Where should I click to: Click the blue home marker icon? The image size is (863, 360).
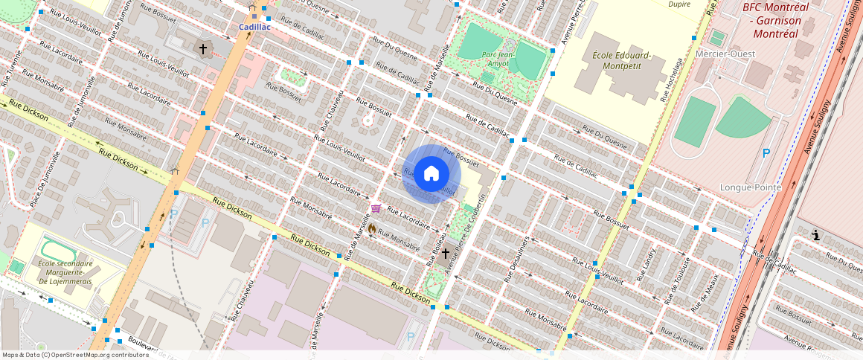coord(431,174)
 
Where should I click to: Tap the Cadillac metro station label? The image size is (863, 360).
coord(254,27)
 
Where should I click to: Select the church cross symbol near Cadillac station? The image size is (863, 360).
coord(202,49)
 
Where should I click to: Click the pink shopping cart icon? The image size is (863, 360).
coord(376,208)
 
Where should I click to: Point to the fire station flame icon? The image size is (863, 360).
coord(372,228)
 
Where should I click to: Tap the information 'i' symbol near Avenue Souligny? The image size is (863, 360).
coord(816,236)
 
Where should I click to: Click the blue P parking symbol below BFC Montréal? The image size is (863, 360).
coord(766,154)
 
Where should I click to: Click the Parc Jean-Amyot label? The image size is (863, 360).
coord(498,58)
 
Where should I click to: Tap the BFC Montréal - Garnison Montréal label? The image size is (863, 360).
coord(777,21)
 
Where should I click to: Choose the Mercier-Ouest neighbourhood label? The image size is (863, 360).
coord(725,54)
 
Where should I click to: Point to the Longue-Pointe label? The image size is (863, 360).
coord(751,187)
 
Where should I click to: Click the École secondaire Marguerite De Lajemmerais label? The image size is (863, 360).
coord(66,273)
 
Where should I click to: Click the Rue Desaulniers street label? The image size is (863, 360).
coord(516,258)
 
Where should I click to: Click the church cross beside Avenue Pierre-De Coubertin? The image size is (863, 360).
coord(445,254)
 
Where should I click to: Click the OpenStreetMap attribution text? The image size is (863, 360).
coord(75,355)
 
